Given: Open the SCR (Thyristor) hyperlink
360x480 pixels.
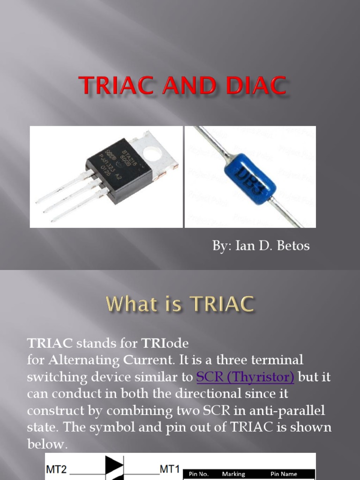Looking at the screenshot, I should click(x=245, y=376).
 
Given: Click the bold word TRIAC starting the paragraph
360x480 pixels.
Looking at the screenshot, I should click(x=50, y=343).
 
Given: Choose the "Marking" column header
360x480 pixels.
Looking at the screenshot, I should click(x=233, y=474).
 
